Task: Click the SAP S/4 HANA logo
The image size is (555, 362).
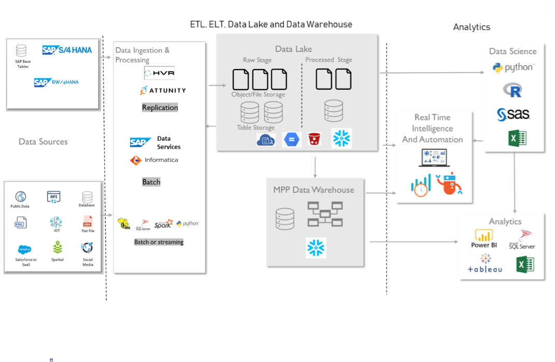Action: pyautogui.click(x=67, y=50)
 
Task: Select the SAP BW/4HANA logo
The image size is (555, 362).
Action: pyautogui.click(x=56, y=82)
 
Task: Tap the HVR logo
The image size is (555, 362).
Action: pyautogui.click(x=159, y=73)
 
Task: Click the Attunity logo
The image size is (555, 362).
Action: pyautogui.click(x=163, y=90)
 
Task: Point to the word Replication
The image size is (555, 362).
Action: pyautogui.click(x=160, y=107)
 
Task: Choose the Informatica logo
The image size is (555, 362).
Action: pyautogui.click(x=154, y=160)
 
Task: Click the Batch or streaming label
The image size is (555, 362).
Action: pyautogui.click(x=159, y=242)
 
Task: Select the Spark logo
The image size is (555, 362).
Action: pyautogui.click(x=163, y=224)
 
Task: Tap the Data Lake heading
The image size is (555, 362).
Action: pyautogui.click(x=293, y=49)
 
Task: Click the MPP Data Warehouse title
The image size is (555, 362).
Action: pyautogui.click(x=314, y=190)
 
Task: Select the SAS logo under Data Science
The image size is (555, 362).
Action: pyautogui.click(x=513, y=114)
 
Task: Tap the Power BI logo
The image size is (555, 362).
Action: pyautogui.click(x=483, y=240)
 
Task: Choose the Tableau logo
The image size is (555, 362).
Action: pyautogui.click(x=485, y=264)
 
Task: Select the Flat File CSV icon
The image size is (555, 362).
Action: pyautogui.click(x=87, y=221)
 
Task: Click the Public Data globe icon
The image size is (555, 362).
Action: pyautogui.click(x=20, y=197)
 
